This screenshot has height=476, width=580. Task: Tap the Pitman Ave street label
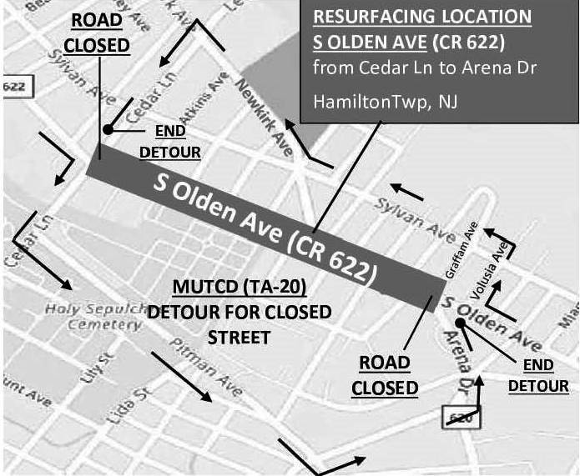point(205,368)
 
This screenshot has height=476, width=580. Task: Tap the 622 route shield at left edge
point(11,86)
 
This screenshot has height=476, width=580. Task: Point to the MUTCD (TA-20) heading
point(240,288)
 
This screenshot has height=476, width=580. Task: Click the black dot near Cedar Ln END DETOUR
point(108,129)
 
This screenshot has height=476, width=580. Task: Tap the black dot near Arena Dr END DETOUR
point(459,322)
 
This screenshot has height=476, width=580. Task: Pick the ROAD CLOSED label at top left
point(99,33)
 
